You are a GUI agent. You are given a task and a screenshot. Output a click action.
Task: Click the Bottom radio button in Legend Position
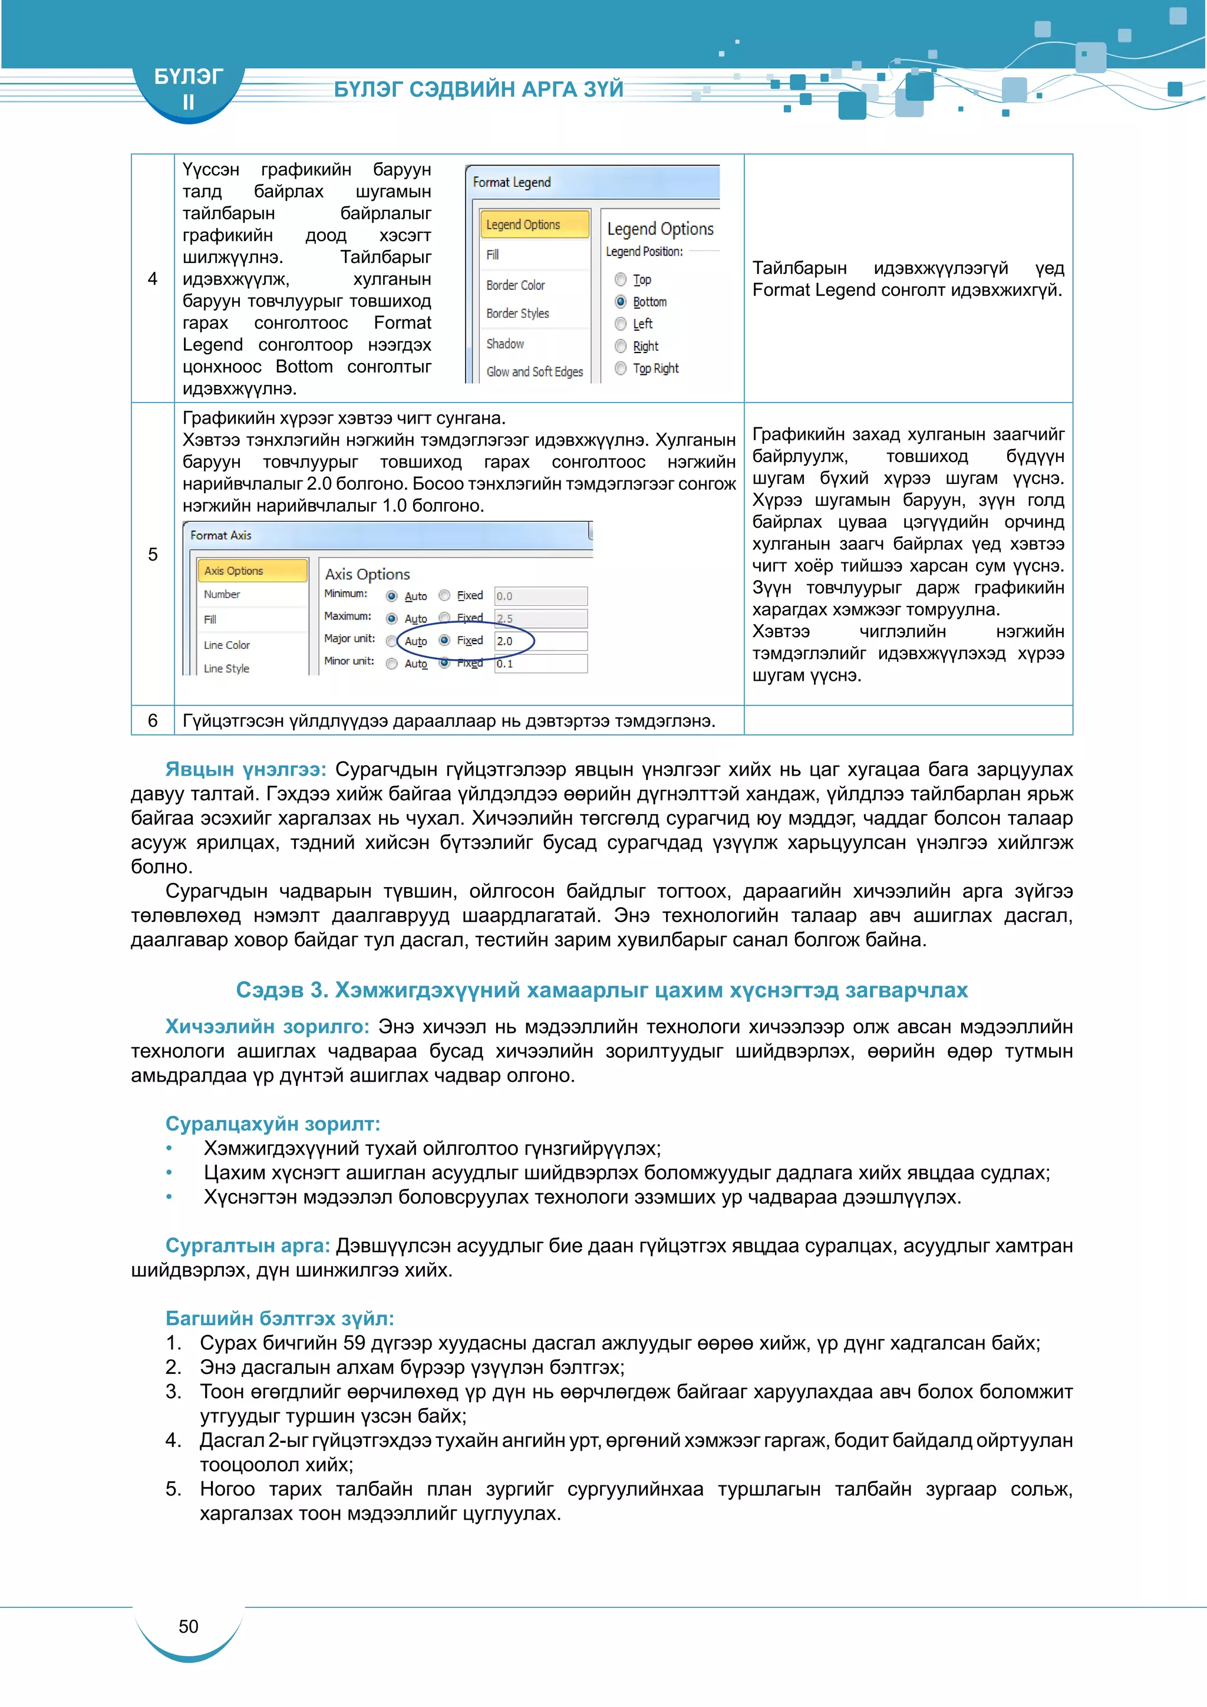(x=621, y=302)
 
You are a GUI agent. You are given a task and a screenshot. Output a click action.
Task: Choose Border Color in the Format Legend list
(x=515, y=285)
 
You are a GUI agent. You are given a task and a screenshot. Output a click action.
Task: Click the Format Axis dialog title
(x=221, y=535)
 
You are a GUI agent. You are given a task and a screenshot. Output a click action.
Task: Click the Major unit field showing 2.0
(x=540, y=641)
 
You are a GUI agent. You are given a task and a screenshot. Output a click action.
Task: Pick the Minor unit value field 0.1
(x=540, y=664)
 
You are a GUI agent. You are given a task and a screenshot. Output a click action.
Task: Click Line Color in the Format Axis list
(x=227, y=645)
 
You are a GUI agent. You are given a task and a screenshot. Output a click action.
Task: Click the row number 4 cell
(x=153, y=279)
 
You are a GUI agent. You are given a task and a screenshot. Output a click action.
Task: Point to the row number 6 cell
(x=153, y=720)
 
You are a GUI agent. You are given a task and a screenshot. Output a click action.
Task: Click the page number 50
(x=189, y=1627)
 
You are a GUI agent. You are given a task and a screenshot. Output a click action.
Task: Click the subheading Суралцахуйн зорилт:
(x=272, y=1123)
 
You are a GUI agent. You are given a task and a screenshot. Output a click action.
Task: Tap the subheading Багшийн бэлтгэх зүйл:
(x=279, y=1318)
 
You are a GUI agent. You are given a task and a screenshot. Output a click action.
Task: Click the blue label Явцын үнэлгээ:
(x=245, y=769)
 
